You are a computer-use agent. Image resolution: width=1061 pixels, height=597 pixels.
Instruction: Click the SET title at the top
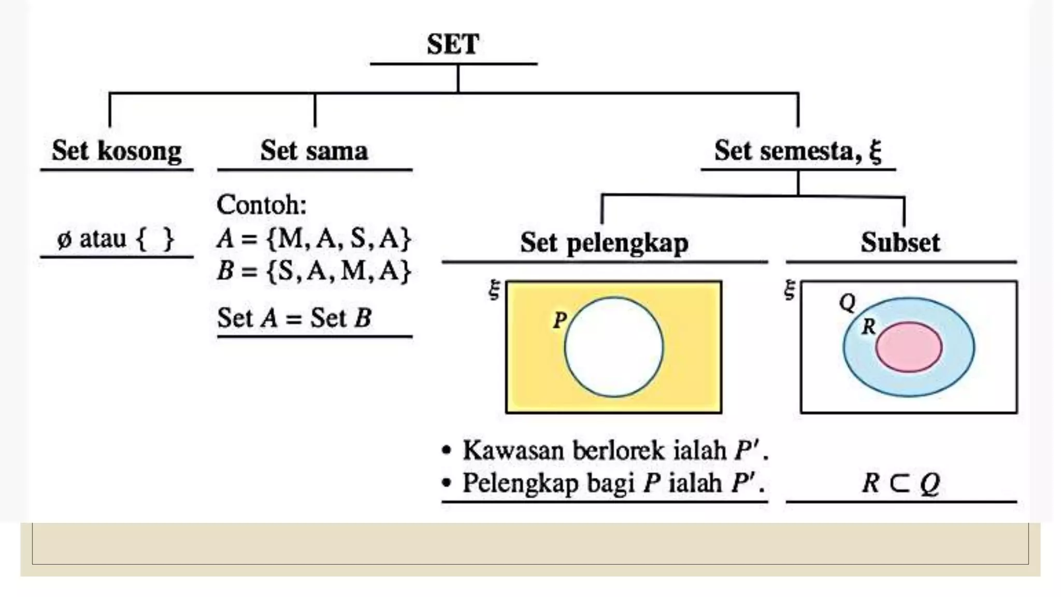pos(453,44)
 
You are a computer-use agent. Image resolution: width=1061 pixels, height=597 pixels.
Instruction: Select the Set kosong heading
pos(117,151)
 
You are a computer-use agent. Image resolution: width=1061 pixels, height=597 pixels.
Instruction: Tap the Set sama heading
pos(314,151)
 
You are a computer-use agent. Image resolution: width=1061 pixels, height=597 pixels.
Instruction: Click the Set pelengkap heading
pos(604,243)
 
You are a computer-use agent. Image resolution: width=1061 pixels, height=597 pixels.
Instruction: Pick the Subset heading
pos(900,242)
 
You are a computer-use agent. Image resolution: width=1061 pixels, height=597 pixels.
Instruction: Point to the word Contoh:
pos(262,205)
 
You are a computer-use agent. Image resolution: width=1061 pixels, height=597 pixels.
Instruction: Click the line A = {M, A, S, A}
pos(314,238)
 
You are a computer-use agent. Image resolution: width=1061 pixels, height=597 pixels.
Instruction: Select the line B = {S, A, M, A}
pos(314,271)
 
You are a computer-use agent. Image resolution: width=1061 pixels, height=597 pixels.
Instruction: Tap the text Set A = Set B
pos(294,318)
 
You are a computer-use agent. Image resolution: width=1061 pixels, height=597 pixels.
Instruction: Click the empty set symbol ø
pos(64,239)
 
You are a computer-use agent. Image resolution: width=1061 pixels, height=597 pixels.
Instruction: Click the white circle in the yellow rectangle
pos(614,347)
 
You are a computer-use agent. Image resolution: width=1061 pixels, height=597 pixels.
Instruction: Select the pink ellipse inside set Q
pos(909,347)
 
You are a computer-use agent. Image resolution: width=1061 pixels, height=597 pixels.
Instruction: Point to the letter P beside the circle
pos(560,320)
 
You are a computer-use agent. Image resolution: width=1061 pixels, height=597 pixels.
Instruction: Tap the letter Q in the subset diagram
pos(848,302)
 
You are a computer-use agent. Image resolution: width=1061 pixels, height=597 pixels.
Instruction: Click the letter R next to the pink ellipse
pos(868,326)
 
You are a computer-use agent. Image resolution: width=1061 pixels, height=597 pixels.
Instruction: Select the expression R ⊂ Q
pos(900,483)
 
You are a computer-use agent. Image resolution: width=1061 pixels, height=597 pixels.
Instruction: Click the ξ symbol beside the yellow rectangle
pos(494,289)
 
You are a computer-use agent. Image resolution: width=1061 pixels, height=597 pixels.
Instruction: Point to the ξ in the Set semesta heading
pos(875,152)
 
